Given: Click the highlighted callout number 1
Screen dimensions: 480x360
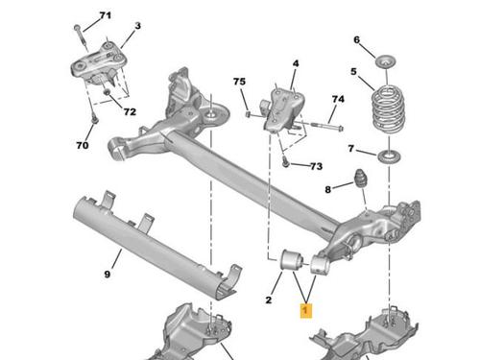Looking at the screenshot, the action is tap(305, 310).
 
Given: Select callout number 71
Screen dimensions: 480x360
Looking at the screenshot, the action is tap(105, 15).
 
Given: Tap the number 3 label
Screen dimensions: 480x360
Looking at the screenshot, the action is tap(137, 26).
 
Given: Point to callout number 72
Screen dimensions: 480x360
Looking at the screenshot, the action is tap(130, 111).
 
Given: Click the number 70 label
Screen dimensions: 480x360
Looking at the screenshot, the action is tap(83, 145).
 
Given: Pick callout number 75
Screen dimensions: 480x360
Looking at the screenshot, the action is tap(239, 82).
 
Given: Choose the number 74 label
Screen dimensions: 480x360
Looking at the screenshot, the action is tap(338, 99).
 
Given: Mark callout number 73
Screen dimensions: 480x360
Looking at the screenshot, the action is tap(316, 166).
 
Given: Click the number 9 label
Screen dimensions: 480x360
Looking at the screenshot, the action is tap(108, 274).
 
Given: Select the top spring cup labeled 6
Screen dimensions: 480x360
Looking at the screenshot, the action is tap(386, 61).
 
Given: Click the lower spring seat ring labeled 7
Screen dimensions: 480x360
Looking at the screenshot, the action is tap(389, 156).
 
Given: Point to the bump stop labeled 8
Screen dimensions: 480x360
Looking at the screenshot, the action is tap(360, 179).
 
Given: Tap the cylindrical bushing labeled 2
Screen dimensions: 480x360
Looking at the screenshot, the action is tap(292, 260).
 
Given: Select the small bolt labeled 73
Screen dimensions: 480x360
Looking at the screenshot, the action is tap(286, 163).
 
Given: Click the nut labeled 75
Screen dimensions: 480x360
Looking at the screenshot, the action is tap(248, 114).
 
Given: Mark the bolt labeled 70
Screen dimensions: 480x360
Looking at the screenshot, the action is tap(93, 119).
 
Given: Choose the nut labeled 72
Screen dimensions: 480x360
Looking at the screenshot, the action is tap(108, 92).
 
